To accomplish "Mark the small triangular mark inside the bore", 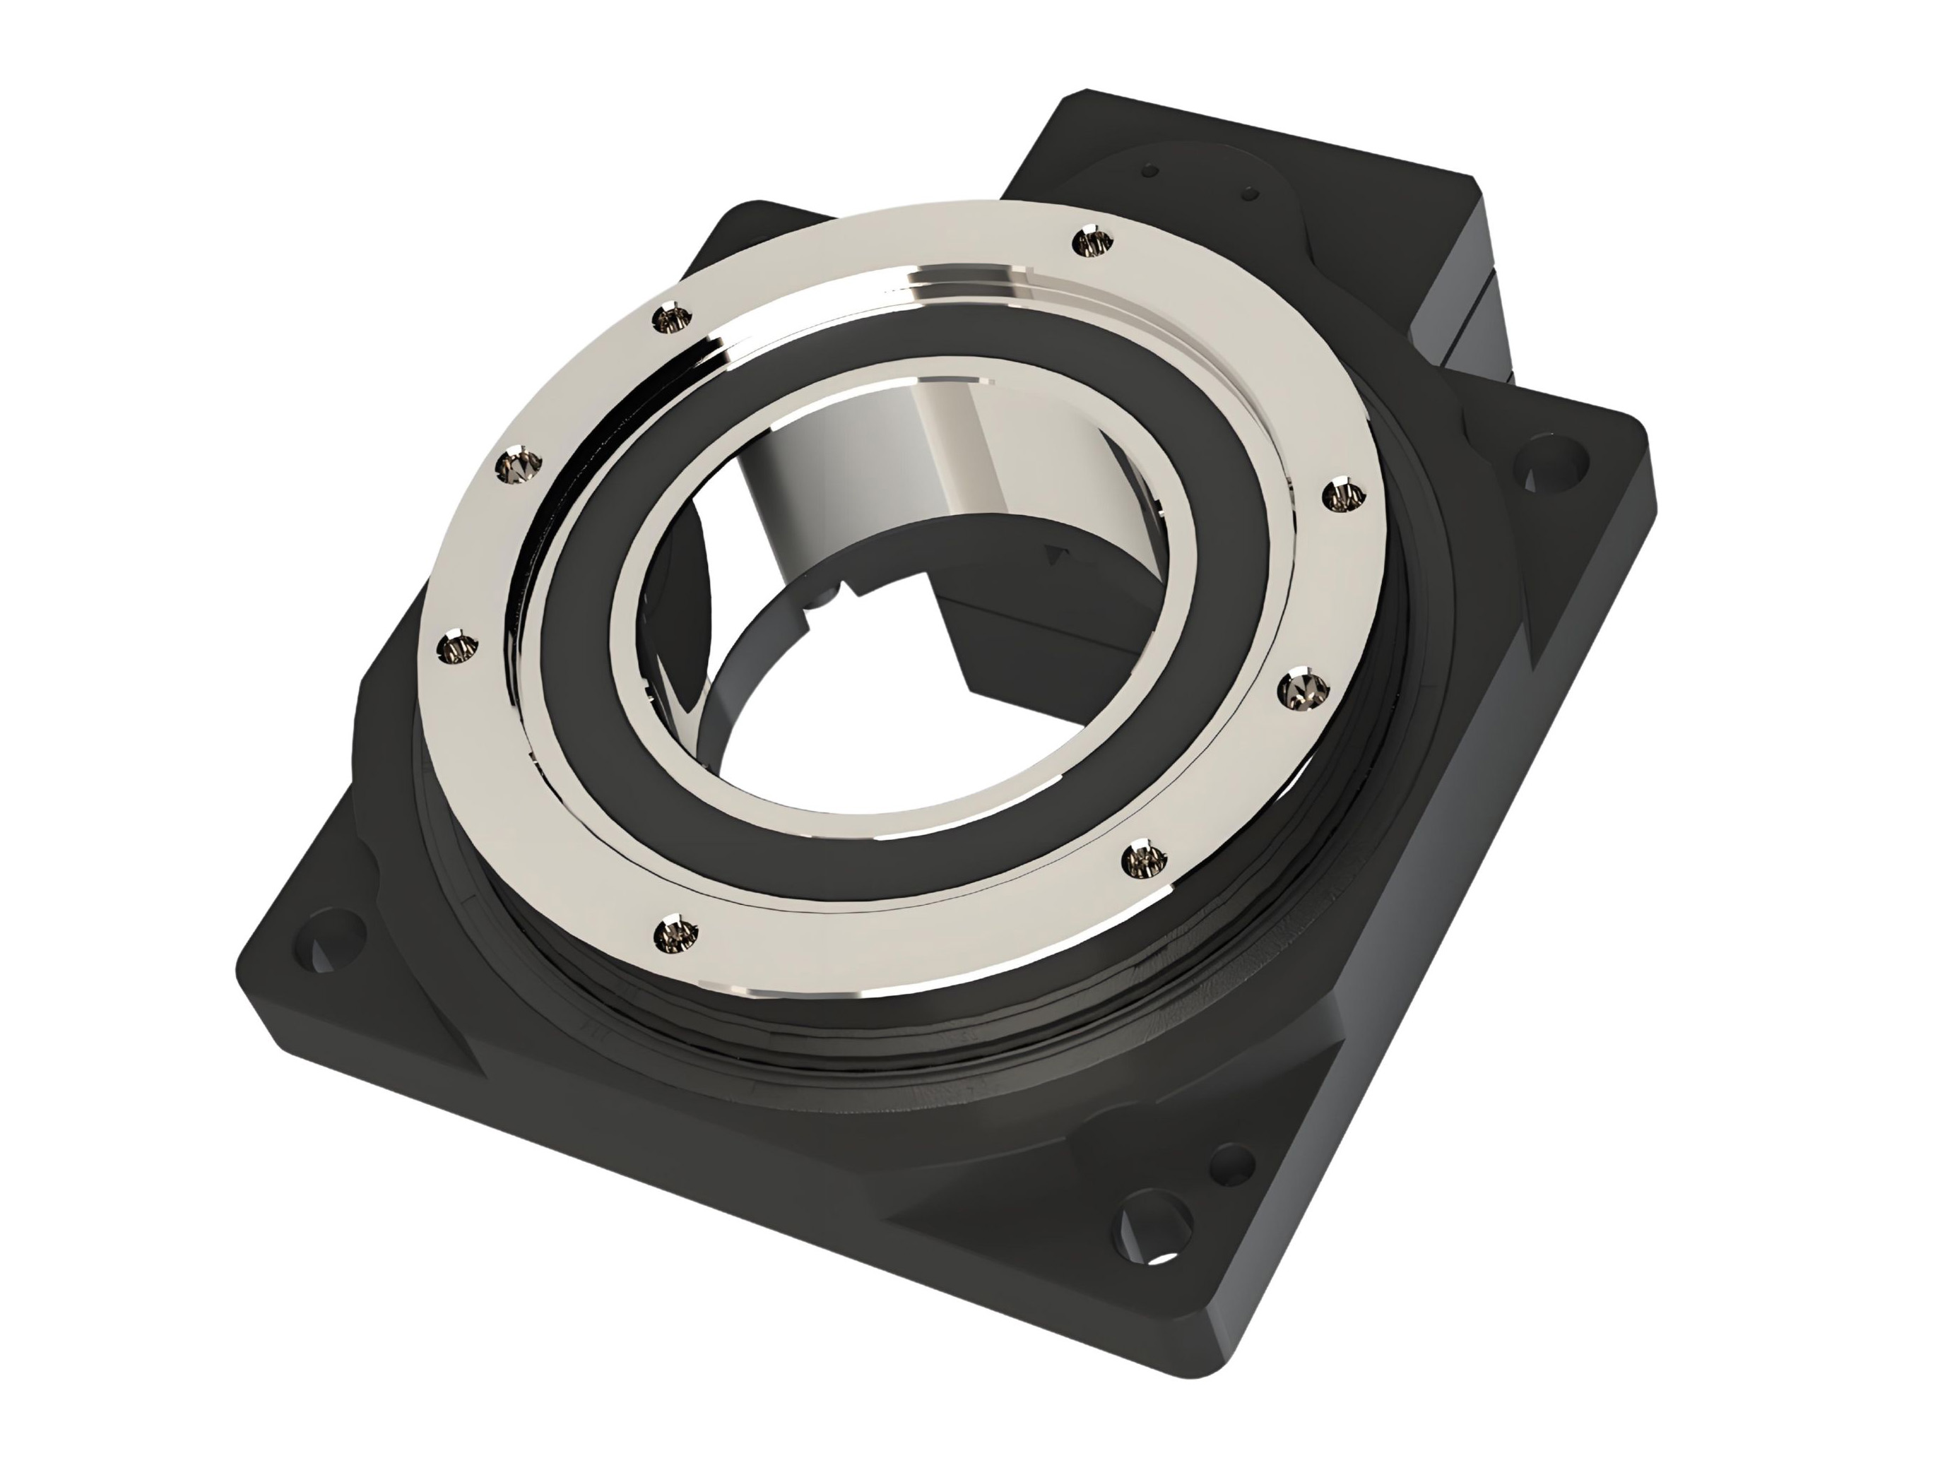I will coord(1053,553).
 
